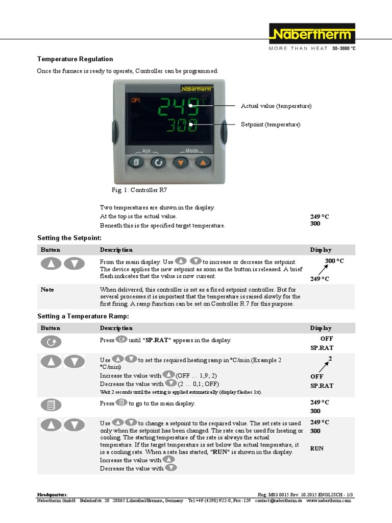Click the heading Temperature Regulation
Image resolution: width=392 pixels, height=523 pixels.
[75, 59]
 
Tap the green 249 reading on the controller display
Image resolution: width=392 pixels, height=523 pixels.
[178, 107]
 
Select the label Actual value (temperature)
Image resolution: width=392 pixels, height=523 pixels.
[276, 106]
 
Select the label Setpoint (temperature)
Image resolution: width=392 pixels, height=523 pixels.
[271, 125]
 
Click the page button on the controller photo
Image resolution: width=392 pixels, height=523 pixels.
[136, 162]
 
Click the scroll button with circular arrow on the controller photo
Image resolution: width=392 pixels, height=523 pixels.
[158, 162]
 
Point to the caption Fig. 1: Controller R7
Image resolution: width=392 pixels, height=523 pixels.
[139, 190]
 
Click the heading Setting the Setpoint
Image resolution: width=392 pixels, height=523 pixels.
[69, 238]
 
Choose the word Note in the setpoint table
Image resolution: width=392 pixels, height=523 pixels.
[47, 290]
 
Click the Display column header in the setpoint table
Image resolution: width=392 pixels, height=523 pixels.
[321, 250]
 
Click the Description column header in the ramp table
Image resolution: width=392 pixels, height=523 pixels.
[116, 328]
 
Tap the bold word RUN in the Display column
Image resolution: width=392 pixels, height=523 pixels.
[317, 448]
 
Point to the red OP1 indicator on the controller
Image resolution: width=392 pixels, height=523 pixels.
[136, 100]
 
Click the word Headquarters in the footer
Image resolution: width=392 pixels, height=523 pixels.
[52, 495]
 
